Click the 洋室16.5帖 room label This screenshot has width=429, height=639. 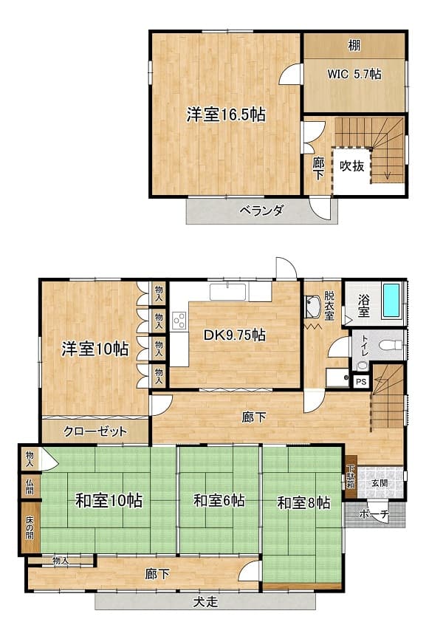click(x=226, y=115)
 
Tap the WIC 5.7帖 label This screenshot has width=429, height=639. click(x=354, y=74)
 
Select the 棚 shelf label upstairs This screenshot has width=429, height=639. click(x=354, y=45)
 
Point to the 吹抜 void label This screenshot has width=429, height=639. click(x=352, y=166)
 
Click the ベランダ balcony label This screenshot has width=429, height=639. click(x=261, y=211)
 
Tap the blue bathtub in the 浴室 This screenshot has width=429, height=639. click(x=392, y=301)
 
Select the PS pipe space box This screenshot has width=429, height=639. click(x=361, y=382)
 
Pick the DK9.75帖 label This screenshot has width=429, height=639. click(x=235, y=335)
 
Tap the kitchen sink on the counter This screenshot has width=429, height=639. click(x=227, y=293)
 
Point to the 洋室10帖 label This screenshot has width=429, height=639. click(x=95, y=349)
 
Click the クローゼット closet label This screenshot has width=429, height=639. click(x=95, y=431)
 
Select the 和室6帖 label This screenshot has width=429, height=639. click(x=219, y=500)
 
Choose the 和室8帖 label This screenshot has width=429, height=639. click(x=304, y=502)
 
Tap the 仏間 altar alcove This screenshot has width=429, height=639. click(x=30, y=486)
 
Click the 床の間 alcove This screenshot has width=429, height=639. click(x=30, y=527)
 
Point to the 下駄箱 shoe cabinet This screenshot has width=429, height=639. click(x=351, y=476)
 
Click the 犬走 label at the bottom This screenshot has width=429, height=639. click(x=205, y=602)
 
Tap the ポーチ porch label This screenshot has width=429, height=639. click(x=374, y=515)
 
